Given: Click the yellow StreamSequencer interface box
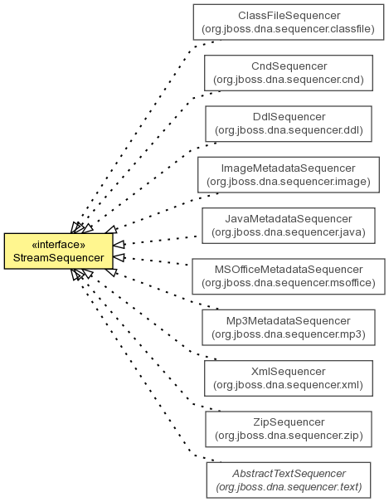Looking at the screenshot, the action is (59, 251).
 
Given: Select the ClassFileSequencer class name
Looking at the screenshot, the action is (289, 16).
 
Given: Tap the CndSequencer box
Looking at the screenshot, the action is (289, 73).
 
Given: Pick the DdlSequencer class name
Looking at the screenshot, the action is (289, 117).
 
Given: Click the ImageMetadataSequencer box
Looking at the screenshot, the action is (289, 175).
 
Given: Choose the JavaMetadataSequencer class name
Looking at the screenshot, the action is (289, 219).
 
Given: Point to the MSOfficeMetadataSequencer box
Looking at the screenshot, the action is (289, 276).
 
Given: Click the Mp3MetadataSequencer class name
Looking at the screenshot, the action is (289, 321).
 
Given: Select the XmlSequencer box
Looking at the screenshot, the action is (289, 378).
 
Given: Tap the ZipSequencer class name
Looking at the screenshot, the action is (289, 422).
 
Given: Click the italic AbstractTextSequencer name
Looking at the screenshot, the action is (289, 473).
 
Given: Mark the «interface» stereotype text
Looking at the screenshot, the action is (59, 245).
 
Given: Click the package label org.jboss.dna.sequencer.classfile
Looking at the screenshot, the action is (289, 29).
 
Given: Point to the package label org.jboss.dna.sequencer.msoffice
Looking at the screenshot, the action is (289, 283).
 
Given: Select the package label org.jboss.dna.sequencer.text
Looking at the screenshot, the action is (289, 486).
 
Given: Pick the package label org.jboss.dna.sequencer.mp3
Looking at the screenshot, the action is (289, 334).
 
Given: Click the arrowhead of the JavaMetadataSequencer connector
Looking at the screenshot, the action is (119, 244).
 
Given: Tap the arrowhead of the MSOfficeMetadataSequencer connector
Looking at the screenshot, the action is (119, 257).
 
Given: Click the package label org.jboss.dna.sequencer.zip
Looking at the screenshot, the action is (289, 436).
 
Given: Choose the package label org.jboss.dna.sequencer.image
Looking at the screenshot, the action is (289, 182).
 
